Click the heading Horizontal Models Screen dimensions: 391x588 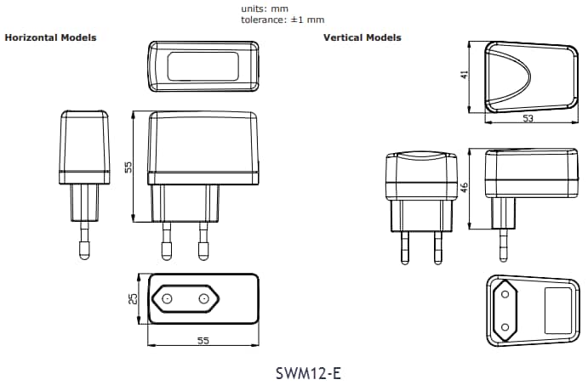51,37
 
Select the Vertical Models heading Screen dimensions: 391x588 362,37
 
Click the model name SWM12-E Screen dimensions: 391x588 309,373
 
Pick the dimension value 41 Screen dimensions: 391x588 465,75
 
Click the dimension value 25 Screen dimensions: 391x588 134,298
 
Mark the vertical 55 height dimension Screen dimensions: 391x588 128,167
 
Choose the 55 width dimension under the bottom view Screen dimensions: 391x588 203,340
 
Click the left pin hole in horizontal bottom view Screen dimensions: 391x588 167,298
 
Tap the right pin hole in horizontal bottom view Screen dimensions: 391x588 203,298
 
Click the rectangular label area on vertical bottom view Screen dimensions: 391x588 557,310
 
